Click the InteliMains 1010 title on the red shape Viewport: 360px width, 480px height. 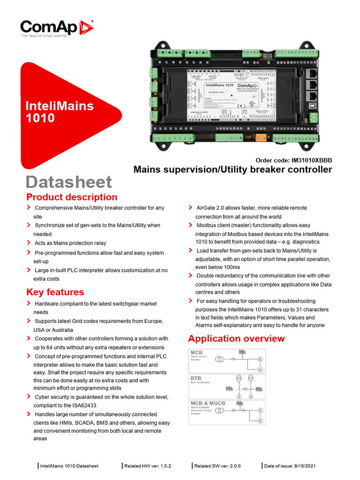pyautogui.click(x=59, y=111)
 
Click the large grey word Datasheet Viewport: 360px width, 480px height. pyautogui.click(x=69, y=182)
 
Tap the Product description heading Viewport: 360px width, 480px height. pyautogui.click(x=72, y=197)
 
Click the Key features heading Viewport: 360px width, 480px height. pyautogui.click(x=55, y=292)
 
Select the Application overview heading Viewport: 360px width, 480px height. pyautogui.click(x=236, y=338)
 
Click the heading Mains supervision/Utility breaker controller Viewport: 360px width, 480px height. pyautogui.click(x=232, y=169)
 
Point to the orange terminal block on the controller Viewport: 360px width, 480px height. pyautogui.click(x=261, y=137)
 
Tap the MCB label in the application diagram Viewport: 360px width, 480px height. pyautogui.click(x=196, y=352)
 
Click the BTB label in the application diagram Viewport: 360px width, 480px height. pyautogui.click(x=195, y=377)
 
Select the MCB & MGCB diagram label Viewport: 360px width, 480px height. pyautogui.click(x=208, y=403)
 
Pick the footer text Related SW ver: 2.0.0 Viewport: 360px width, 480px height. pyautogui.click(x=217, y=466)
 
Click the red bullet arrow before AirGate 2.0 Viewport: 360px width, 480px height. pyautogui.click(x=190, y=207)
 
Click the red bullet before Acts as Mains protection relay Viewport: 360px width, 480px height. pyautogui.click(x=29, y=243)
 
